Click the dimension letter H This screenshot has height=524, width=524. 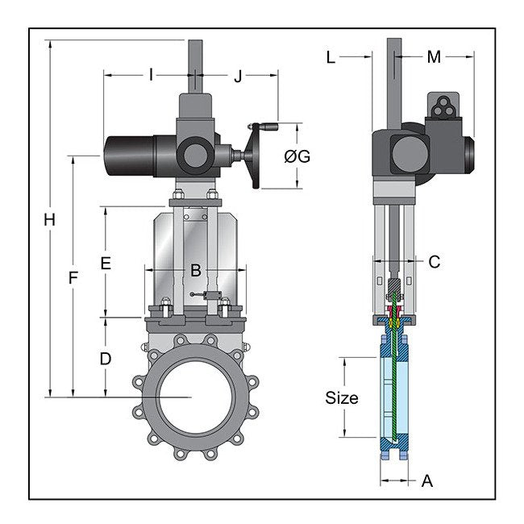(50, 218)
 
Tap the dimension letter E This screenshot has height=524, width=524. (106, 263)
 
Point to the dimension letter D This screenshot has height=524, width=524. (106, 359)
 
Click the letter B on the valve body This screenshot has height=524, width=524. (195, 271)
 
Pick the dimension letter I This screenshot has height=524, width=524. (151, 76)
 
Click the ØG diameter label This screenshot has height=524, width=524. (297, 156)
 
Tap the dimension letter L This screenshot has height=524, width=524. (331, 56)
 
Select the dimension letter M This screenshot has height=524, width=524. (434, 56)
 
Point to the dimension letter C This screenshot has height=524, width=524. (434, 261)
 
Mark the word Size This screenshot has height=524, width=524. (341, 397)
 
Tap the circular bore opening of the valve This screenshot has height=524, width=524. (191, 396)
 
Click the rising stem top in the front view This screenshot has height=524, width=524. (195, 56)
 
